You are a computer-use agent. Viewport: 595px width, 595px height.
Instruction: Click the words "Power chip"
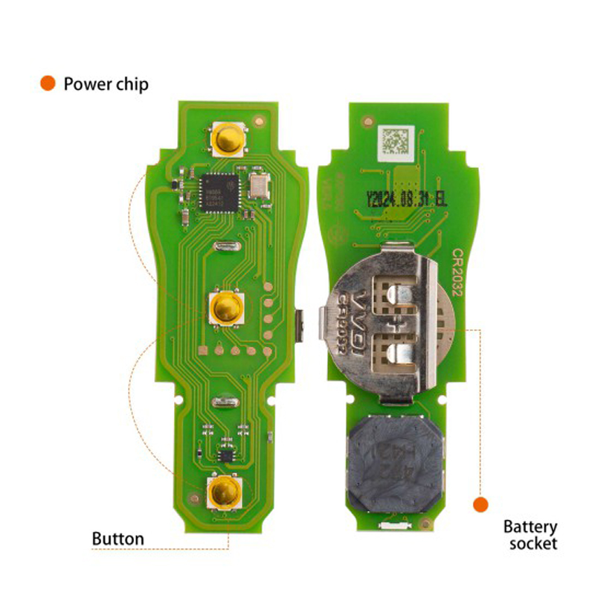106,83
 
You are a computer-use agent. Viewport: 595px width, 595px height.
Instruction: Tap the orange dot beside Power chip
48,83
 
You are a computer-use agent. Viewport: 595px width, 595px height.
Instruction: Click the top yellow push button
228,138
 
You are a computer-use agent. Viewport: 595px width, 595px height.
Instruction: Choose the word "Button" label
118,538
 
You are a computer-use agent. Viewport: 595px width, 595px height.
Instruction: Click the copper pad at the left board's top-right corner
258,119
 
